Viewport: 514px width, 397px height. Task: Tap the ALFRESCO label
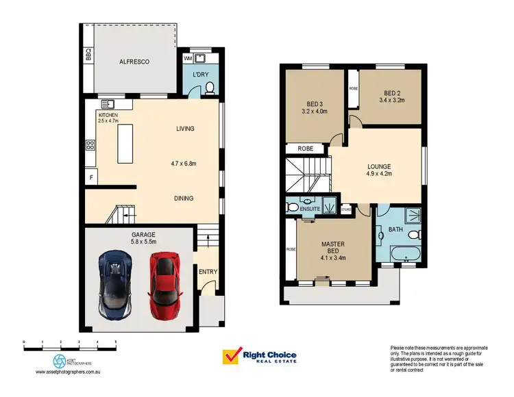coord(134,62)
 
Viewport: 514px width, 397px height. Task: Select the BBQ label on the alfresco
coord(88,55)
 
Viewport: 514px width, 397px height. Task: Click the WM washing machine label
coord(188,59)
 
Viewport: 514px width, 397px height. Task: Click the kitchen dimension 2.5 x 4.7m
coord(108,121)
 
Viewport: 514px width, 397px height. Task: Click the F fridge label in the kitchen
coord(91,177)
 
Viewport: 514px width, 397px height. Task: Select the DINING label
coord(183,198)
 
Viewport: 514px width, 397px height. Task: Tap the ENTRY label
coord(208,272)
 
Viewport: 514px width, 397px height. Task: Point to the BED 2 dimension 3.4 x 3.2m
coord(392,100)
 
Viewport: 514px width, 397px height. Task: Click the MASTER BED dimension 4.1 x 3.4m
coord(333,258)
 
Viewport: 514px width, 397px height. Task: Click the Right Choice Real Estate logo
coord(260,357)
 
